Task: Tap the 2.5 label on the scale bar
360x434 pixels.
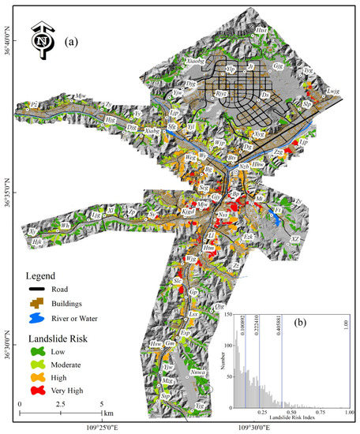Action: (x=61, y=405)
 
